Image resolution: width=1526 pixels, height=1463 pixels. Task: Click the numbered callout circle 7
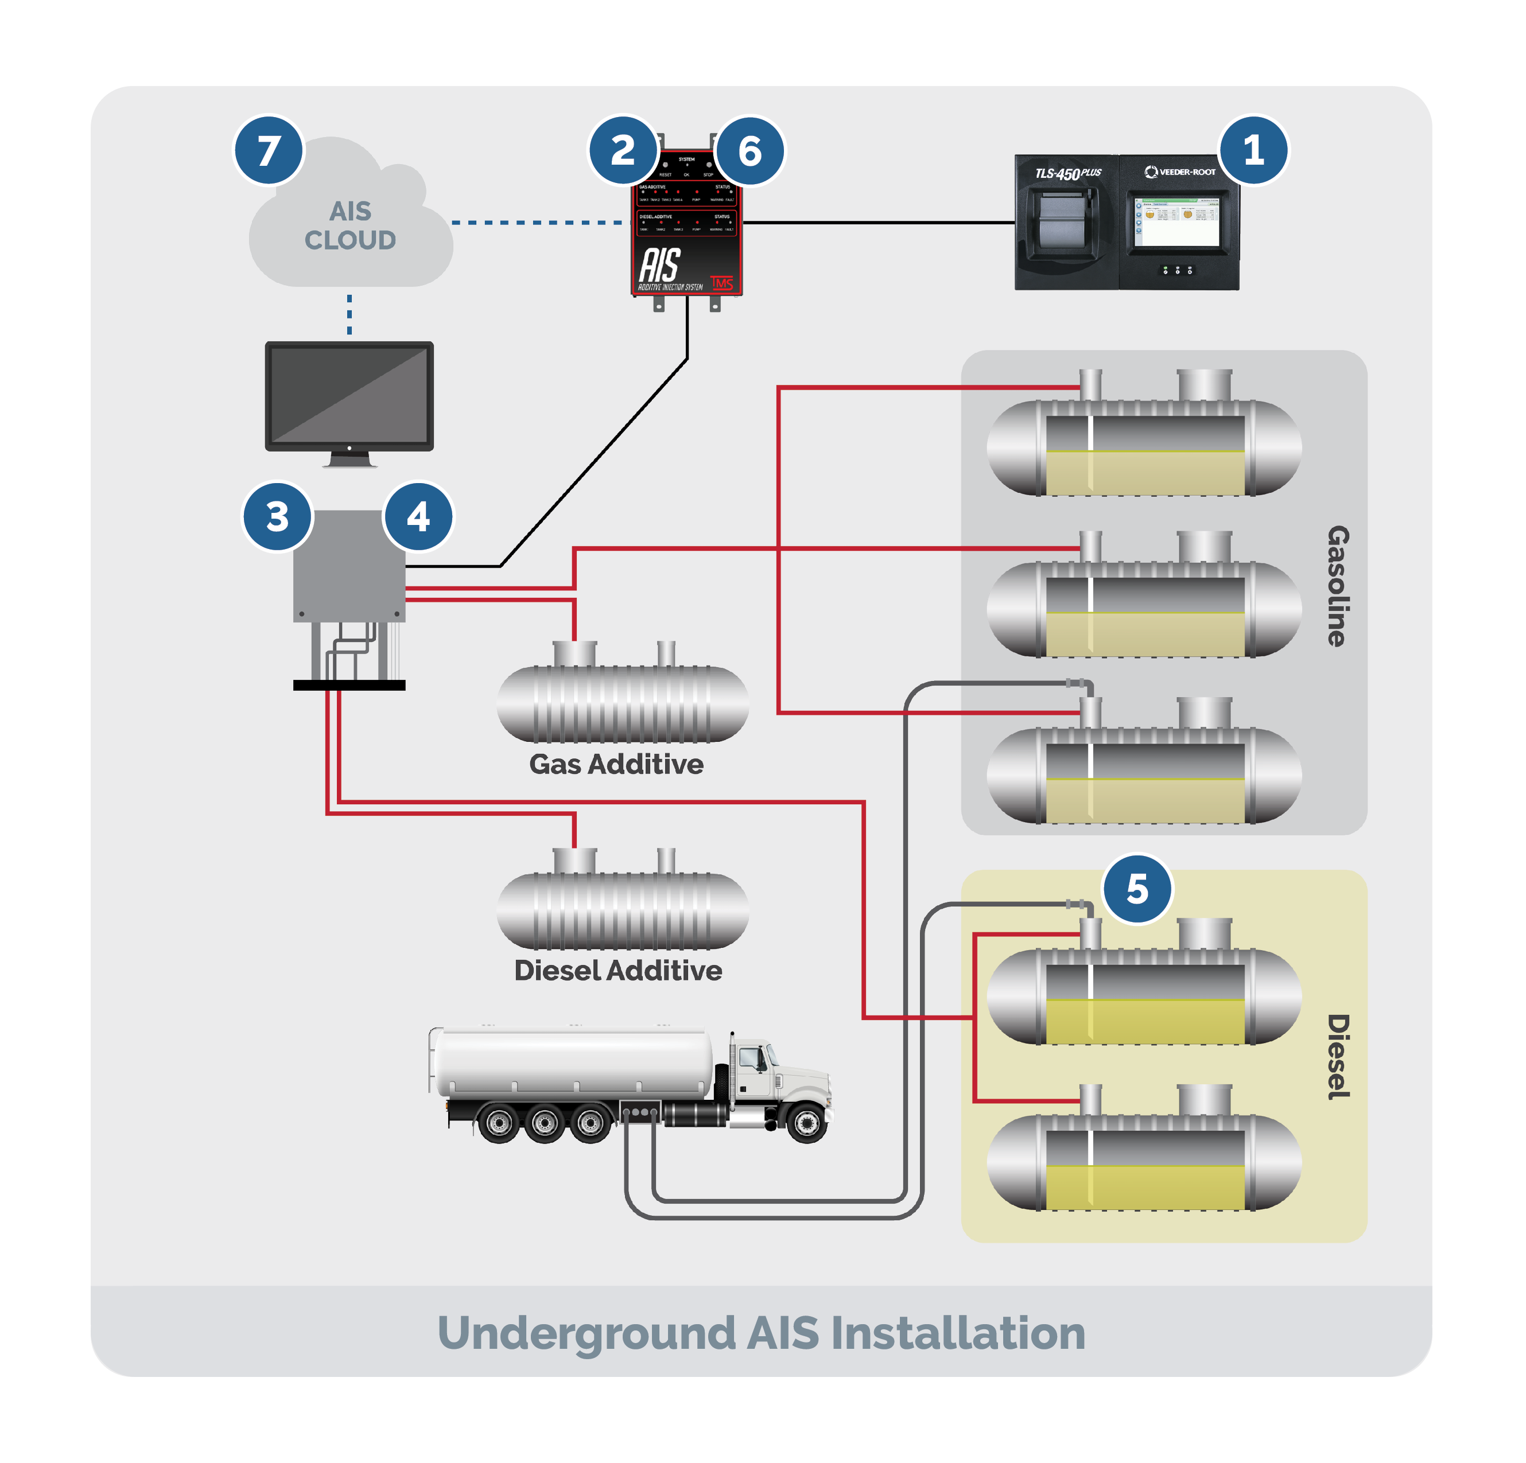pyautogui.click(x=269, y=150)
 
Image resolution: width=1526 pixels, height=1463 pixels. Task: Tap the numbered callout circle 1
pyautogui.click(x=1253, y=150)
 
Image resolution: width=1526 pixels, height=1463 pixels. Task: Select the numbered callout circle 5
pyautogui.click(x=1137, y=889)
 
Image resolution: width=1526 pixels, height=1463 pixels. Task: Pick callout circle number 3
pyautogui.click(x=277, y=517)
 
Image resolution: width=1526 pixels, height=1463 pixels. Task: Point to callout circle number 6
pyautogui.click(x=750, y=151)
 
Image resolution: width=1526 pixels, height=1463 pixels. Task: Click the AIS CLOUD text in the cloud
pyautogui.click(x=350, y=225)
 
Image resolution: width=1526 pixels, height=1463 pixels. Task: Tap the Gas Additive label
pyautogui.click(x=616, y=764)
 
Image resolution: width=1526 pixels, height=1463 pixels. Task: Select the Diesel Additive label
pyautogui.click(x=618, y=970)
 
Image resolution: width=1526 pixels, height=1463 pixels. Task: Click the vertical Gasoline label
pyautogui.click(x=1338, y=586)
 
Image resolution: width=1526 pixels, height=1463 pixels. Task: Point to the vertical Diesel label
pyautogui.click(x=1338, y=1056)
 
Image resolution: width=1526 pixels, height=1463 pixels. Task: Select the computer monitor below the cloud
pyautogui.click(x=349, y=397)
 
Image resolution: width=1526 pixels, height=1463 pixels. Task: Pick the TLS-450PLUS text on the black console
pyautogui.click(x=1067, y=173)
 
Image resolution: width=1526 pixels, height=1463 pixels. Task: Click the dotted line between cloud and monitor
pyautogui.click(x=349, y=314)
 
